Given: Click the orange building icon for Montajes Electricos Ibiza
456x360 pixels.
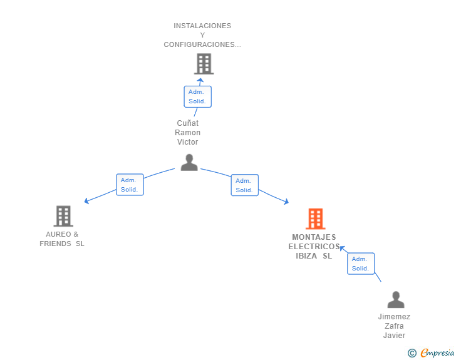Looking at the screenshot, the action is [x=316, y=219].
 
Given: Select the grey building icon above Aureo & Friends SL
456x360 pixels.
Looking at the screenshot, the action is [x=63, y=216].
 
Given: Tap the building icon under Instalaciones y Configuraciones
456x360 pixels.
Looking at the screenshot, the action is [x=204, y=64].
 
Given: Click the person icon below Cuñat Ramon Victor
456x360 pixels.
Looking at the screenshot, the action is [x=189, y=162].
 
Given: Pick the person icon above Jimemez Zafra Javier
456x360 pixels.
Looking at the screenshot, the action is [x=396, y=299].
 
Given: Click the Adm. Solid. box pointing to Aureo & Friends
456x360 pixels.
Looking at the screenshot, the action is [x=130, y=185].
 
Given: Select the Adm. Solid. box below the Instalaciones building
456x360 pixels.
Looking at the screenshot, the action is [x=197, y=96].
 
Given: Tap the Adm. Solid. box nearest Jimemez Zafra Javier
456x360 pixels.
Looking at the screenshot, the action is [x=361, y=264].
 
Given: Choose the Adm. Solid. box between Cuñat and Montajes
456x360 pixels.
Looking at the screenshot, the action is [x=244, y=185].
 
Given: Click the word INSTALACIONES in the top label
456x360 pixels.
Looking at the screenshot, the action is [x=202, y=26].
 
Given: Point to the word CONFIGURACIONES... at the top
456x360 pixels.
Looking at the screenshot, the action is [x=202, y=44].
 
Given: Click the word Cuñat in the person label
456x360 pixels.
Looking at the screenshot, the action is [x=188, y=123].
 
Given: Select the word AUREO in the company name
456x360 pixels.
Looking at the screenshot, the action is [x=58, y=234].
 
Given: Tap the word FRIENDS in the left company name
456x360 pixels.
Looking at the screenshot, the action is [x=55, y=244].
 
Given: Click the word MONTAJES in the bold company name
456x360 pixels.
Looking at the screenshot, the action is [x=314, y=237].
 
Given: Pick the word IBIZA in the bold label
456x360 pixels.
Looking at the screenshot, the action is [x=306, y=256].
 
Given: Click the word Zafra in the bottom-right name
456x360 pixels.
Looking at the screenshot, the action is [x=394, y=326].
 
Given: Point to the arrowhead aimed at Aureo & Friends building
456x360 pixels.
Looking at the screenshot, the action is [x=86, y=201].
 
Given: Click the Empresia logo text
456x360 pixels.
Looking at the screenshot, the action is [x=437, y=353].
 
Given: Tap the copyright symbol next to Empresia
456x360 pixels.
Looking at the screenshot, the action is [x=412, y=353].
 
